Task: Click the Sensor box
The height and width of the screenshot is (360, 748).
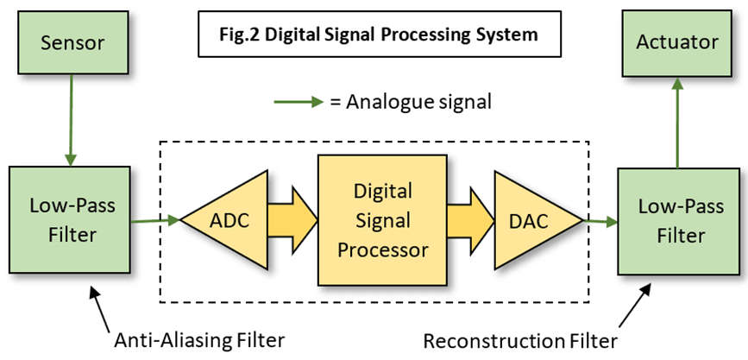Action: (73, 42)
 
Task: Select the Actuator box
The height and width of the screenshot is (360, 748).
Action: (677, 43)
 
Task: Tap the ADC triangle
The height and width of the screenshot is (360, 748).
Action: (224, 220)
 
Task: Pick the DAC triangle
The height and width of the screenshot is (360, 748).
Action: (538, 221)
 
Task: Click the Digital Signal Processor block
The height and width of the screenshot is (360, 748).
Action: (382, 220)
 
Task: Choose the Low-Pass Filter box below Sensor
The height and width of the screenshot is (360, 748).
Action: (70, 219)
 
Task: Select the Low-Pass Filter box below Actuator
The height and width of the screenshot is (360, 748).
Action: (679, 221)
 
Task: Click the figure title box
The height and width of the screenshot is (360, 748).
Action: (380, 34)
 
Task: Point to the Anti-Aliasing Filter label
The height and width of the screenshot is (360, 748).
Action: (199, 341)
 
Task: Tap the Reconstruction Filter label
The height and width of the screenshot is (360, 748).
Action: (520, 341)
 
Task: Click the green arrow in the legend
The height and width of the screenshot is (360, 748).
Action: (299, 102)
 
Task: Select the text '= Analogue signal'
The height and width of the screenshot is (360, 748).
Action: (411, 102)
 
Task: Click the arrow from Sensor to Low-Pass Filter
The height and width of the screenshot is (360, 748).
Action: (71, 120)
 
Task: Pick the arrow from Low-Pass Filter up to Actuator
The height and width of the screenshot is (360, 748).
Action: (677, 123)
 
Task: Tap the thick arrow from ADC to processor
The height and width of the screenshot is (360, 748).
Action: (292, 220)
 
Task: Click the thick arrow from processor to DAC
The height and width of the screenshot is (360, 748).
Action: (470, 221)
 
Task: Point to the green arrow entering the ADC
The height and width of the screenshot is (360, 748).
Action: (155, 221)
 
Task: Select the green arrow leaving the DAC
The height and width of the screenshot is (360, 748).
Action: (600, 222)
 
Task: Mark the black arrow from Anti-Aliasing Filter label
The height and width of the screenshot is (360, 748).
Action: (100, 308)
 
